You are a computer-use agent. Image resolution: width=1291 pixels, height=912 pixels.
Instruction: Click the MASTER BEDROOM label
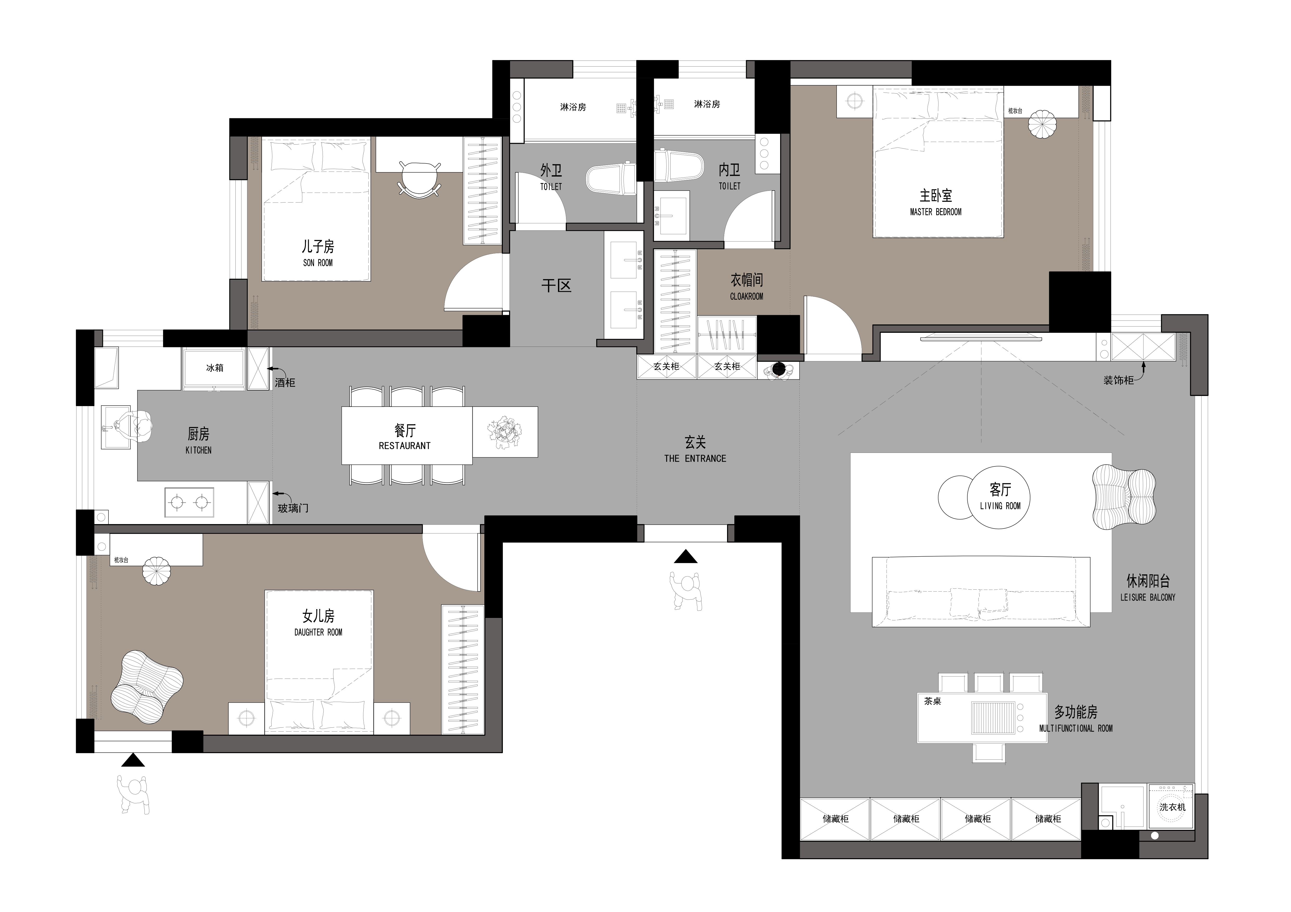pos(936,212)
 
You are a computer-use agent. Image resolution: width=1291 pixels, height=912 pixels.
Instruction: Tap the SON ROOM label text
pos(318,262)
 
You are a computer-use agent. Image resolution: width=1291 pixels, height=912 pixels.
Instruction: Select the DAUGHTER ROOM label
pos(318,632)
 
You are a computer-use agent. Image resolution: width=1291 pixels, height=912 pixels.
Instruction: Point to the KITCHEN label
pos(198,450)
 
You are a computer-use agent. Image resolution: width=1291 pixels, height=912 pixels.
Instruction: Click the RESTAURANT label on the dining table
pos(405,446)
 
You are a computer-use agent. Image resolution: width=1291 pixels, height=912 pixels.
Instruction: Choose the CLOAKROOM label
pos(747,296)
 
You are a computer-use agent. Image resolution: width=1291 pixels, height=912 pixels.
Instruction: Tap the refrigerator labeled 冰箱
pos(214,369)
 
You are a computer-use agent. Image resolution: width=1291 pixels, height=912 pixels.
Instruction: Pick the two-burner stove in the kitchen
pos(189,502)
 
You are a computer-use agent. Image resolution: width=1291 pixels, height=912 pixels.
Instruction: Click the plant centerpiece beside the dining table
pos(504,432)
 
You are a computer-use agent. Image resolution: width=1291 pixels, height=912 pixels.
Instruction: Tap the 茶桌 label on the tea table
pos(933,701)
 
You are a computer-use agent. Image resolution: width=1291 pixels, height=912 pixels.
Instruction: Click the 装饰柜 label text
pos(1118,380)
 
